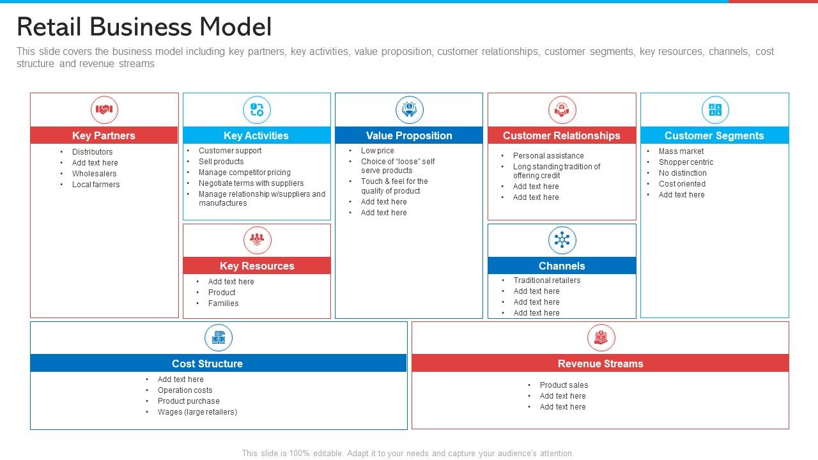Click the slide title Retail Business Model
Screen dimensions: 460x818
pos(144,27)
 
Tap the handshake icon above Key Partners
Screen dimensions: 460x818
pos(104,110)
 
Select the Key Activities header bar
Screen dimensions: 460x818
pos(256,135)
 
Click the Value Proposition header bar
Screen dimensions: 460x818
pos(409,135)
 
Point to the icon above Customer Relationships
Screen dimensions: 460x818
pos(562,110)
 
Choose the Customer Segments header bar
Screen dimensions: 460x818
pos(714,135)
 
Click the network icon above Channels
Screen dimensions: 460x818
pos(562,240)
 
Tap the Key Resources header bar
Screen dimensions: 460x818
pos(257,266)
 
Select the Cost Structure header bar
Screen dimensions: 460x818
pos(218,364)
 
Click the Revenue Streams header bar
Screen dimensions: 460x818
pos(600,364)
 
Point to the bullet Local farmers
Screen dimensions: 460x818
pos(96,185)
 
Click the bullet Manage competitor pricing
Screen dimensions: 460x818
pos(244,172)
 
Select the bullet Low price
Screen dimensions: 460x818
pos(377,151)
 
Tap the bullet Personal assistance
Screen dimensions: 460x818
pos(548,156)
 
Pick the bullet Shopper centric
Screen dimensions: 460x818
pos(686,162)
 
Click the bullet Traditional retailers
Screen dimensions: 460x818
pos(547,280)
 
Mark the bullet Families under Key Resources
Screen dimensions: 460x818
pos(223,303)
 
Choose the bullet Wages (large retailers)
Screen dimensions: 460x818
pos(197,412)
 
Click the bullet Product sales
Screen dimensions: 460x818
pos(564,385)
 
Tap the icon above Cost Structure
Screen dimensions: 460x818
pos(218,337)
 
